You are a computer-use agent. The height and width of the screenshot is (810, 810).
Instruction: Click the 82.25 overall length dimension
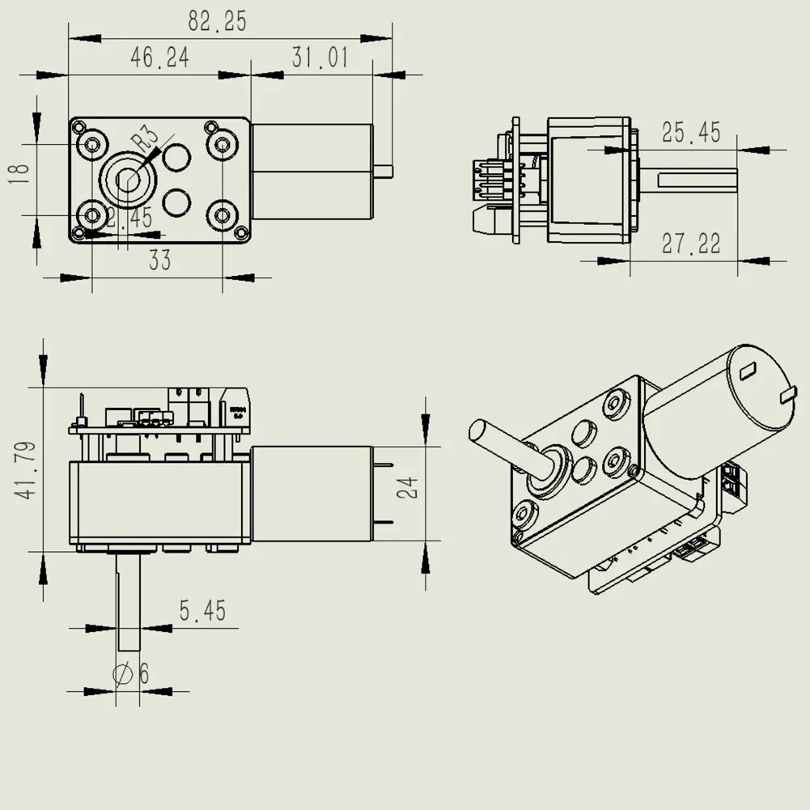pos(217,21)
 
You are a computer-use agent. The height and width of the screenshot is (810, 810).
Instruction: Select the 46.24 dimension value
pos(159,57)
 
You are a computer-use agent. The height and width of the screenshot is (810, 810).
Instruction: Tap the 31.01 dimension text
pos(320,57)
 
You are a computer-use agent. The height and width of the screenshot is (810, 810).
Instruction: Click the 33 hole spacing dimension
pos(159,261)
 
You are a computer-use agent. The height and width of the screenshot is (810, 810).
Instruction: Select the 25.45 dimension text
pos(690,132)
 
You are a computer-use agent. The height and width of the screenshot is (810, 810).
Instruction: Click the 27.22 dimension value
pos(690,243)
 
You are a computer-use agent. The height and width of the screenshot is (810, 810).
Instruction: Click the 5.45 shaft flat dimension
pos(202,611)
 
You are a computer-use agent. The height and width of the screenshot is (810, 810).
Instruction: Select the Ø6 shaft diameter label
pos(134,673)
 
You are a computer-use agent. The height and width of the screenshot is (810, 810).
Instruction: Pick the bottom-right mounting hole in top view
pos(222,215)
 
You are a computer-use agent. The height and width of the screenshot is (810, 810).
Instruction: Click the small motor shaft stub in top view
pos(384,171)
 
